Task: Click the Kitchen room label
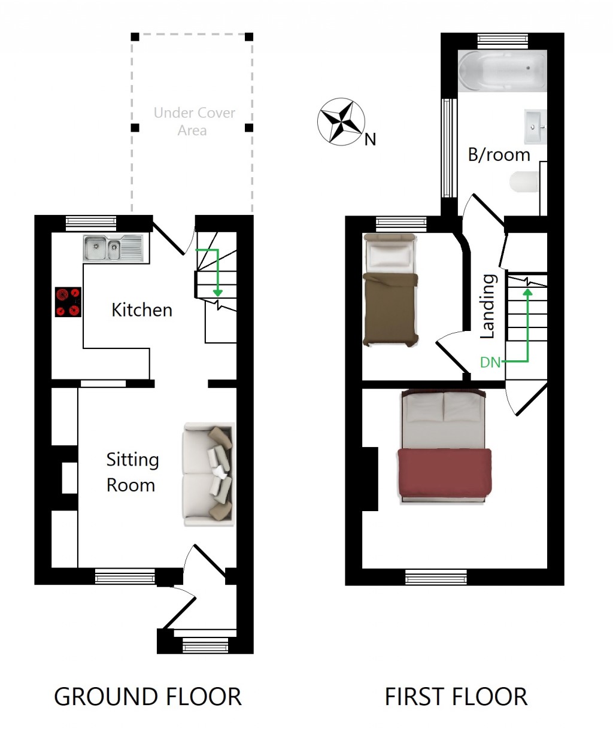coord(142,310)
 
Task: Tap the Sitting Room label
coord(132,472)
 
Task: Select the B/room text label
coord(499,155)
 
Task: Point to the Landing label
coord(488,306)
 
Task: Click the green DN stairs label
coord(490,362)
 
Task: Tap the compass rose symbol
coord(341,121)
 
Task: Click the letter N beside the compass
coord(371,140)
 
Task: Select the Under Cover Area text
coord(194,121)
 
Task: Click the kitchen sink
coord(114,248)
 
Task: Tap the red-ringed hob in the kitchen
coord(68,302)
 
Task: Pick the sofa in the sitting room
coord(208,475)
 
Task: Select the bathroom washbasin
coord(536,126)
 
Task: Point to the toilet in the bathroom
coord(524,182)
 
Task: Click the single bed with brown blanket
coord(390,291)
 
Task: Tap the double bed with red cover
coord(444,446)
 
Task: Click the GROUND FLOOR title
coord(147,697)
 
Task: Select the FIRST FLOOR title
coord(456,697)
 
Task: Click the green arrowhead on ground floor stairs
coord(217,291)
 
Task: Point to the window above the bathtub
coord(503,41)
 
